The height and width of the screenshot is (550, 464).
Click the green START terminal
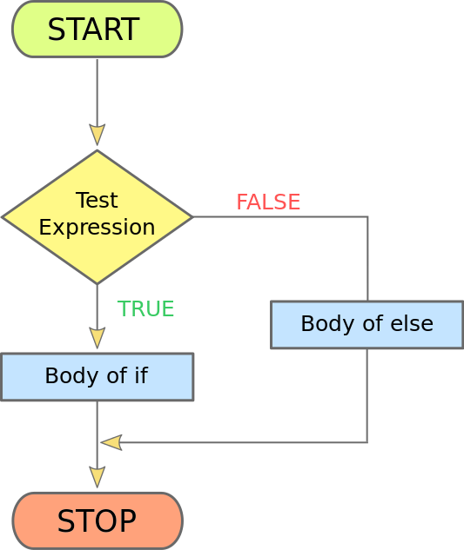coord(98,30)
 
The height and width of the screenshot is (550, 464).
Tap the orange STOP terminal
coord(98,520)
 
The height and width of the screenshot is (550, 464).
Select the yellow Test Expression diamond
coord(98,217)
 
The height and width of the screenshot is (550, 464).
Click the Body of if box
coord(98,377)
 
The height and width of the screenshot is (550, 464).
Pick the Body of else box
coord(367,324)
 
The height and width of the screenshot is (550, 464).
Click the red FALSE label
coord(268,202)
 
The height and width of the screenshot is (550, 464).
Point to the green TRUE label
coord(145,308)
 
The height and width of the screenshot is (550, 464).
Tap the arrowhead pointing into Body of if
coord(97,338)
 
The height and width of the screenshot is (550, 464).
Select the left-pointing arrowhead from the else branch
coord(111,442)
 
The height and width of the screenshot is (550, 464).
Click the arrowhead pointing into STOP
coord(97,477)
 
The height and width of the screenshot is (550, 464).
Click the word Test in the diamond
coord(97,200)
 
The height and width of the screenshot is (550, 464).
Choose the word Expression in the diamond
coord(97,228)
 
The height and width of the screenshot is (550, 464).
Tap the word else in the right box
coord(412,323)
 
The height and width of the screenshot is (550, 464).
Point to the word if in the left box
coord(141,375)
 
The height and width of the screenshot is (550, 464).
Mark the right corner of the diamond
coord(193,217)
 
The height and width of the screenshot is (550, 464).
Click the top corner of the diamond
coord(98,150)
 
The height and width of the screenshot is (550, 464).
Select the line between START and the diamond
coord(97,92)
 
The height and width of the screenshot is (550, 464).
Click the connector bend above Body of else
coord(367,217)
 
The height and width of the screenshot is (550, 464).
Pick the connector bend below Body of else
coord(367,442)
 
